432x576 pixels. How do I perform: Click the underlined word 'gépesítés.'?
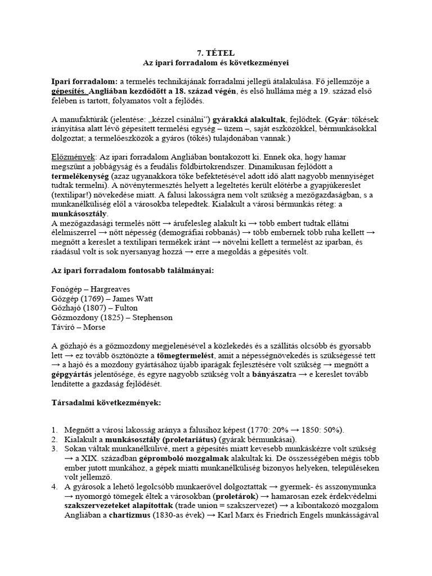[x=69, y=91]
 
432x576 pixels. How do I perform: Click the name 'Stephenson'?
[x=151, y=318]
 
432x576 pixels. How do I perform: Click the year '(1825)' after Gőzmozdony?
[x=110, y=318]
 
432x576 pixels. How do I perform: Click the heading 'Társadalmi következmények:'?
[x=105, y=404]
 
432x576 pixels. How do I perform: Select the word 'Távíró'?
[x=64, y=327]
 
